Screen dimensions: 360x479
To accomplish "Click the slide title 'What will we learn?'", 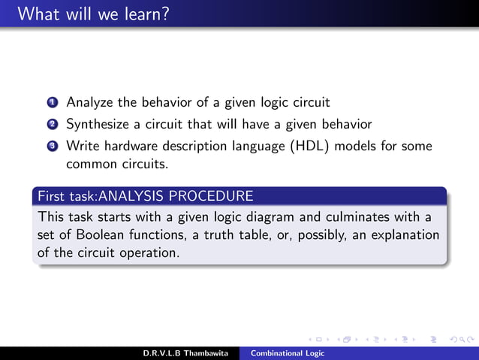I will click(92, 14).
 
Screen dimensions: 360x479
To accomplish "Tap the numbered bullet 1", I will click(51, 101).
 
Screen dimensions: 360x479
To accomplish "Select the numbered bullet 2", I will click(51, 123).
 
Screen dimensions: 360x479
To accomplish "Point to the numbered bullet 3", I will click(51, 146).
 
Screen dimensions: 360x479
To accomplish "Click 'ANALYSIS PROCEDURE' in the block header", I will click(176, 197).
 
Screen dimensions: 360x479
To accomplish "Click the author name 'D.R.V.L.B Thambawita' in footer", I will click(185, 353).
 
